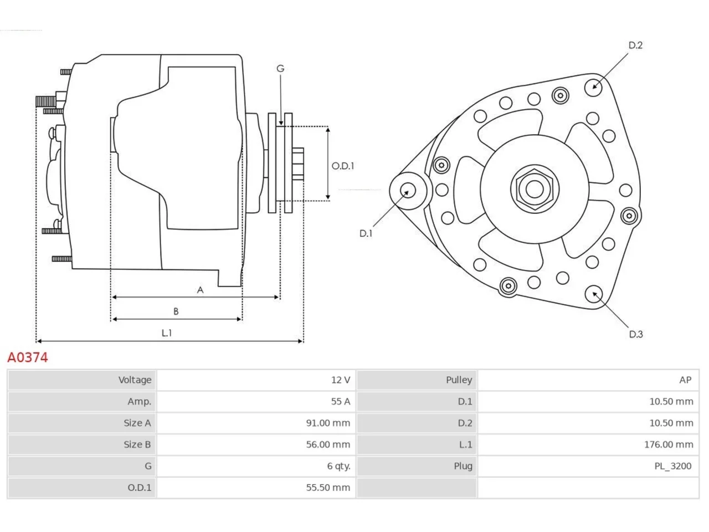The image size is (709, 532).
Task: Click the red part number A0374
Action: (28, 357)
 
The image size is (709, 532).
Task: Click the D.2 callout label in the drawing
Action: (635, 45)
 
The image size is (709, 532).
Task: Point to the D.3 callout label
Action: (636, 334)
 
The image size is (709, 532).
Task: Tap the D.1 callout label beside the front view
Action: (366, 233)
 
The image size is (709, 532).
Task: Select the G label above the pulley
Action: (280, 69)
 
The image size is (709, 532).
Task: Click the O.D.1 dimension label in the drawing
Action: (343, 166)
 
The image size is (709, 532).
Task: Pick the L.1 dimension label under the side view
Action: (167, 332)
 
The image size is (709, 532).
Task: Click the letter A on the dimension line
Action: (201, 290)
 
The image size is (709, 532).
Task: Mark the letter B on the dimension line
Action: (176, 311)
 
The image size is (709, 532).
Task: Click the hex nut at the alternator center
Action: (535, 189)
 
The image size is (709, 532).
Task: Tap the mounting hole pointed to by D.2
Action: (593, 87)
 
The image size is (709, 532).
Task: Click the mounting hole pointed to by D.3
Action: (594, 294)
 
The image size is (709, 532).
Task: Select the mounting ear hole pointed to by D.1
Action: (408, 191)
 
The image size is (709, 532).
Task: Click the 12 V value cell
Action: (341, 380)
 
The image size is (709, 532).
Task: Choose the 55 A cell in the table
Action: (341, 402)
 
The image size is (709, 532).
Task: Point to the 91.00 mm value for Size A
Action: (328, 423)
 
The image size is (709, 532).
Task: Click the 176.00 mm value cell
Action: (669, 445)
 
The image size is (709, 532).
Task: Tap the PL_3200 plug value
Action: (673, 467)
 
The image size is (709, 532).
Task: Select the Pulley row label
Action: (459, 380)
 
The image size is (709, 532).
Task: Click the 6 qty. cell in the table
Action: (338, 467)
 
